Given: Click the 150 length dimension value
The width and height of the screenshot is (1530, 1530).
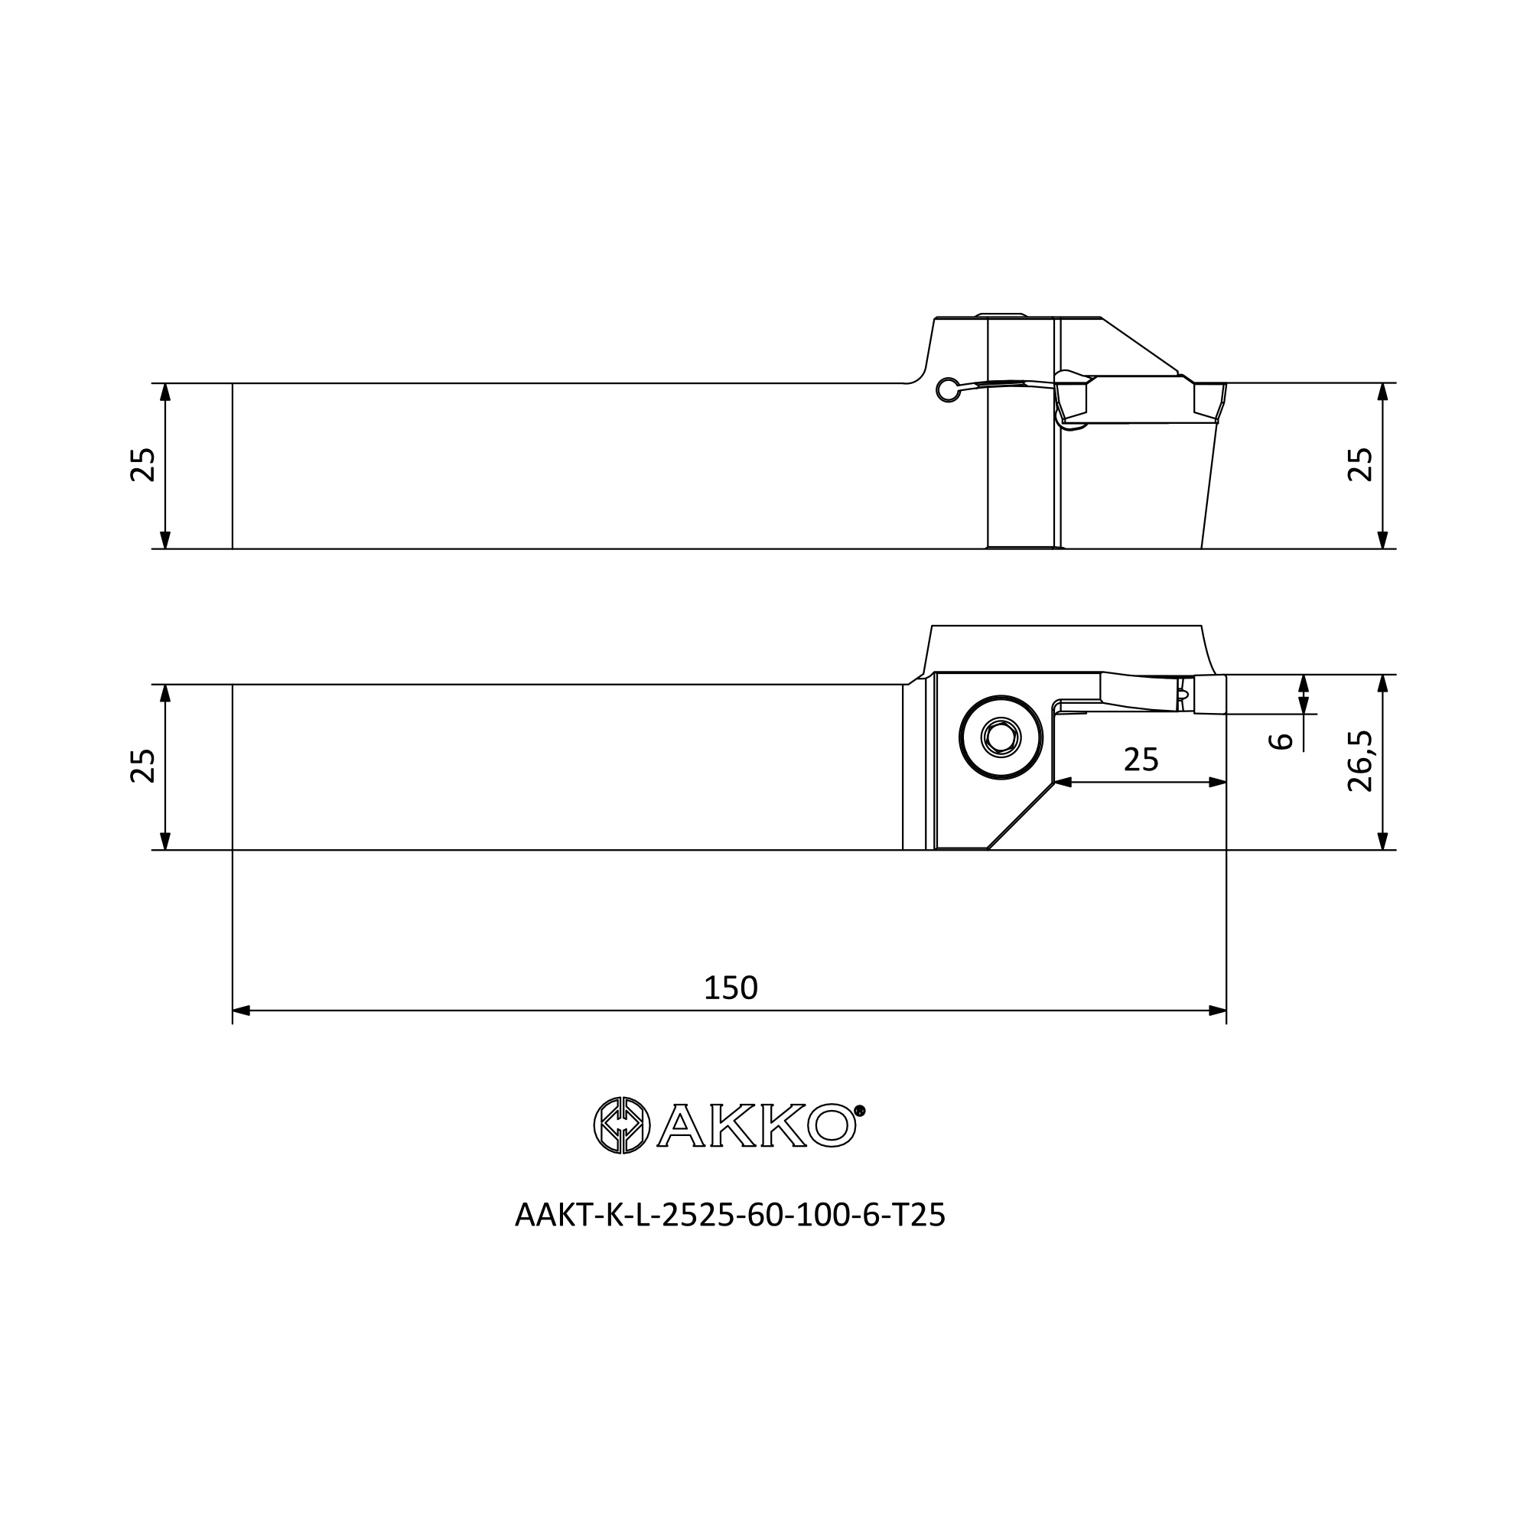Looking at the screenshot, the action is click(730, 988).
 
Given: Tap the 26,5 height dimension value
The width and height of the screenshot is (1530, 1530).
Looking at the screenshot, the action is click(1359, 761).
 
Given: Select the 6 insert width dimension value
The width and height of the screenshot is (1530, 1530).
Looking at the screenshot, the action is click(1281, 741).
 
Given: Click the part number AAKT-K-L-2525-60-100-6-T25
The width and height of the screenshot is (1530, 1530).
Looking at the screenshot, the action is click(730, 1216).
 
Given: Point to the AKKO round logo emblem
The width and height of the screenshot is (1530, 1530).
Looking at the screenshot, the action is click(622, 1125).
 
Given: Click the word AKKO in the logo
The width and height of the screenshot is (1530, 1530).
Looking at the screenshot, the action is click(757, 1125).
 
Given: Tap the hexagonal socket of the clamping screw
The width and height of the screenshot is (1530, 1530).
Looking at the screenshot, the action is click(1001, 738).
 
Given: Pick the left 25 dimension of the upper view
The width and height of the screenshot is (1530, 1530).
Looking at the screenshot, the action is click(143, 465).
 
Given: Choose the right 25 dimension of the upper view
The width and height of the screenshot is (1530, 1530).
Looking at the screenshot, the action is click(1359, 465).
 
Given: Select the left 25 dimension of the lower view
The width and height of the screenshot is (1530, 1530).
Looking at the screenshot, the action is click(143, 766).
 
